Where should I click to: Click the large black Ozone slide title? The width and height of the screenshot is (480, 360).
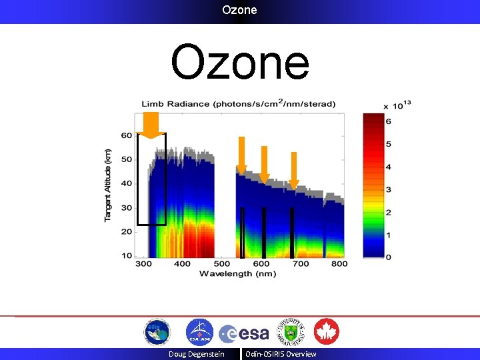click(240, 63)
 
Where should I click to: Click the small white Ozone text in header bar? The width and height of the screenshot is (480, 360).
click(239, 10)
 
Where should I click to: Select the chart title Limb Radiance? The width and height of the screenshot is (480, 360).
click(238, 104)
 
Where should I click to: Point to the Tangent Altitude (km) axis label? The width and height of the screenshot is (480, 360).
click(108, 185)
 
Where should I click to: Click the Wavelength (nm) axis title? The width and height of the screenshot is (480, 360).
click(237, 273)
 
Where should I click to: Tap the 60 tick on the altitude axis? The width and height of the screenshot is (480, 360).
click(127, 135)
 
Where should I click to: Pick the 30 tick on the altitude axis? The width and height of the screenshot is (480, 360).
click(127, 207)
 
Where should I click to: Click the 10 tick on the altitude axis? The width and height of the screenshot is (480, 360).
click(127, 256)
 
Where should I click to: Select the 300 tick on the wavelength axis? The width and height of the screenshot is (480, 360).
click(143, 264)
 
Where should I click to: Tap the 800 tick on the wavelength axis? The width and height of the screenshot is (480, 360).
click(339, 264)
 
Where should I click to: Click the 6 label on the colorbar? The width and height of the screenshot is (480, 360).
click(388, 121)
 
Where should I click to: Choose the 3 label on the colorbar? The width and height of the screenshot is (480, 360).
click(388, 190)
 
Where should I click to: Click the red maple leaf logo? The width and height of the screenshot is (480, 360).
click(327, 332)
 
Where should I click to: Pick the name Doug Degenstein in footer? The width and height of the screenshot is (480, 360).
click(196, 354)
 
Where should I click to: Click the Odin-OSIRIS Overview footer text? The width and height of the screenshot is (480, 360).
click(281, 354)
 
